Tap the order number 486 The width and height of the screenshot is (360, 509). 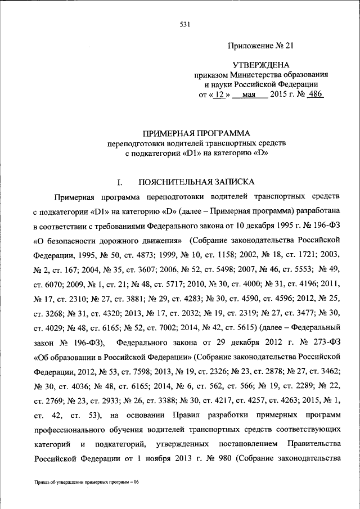(314, 94)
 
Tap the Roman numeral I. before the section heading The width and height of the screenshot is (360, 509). (119, 182)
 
